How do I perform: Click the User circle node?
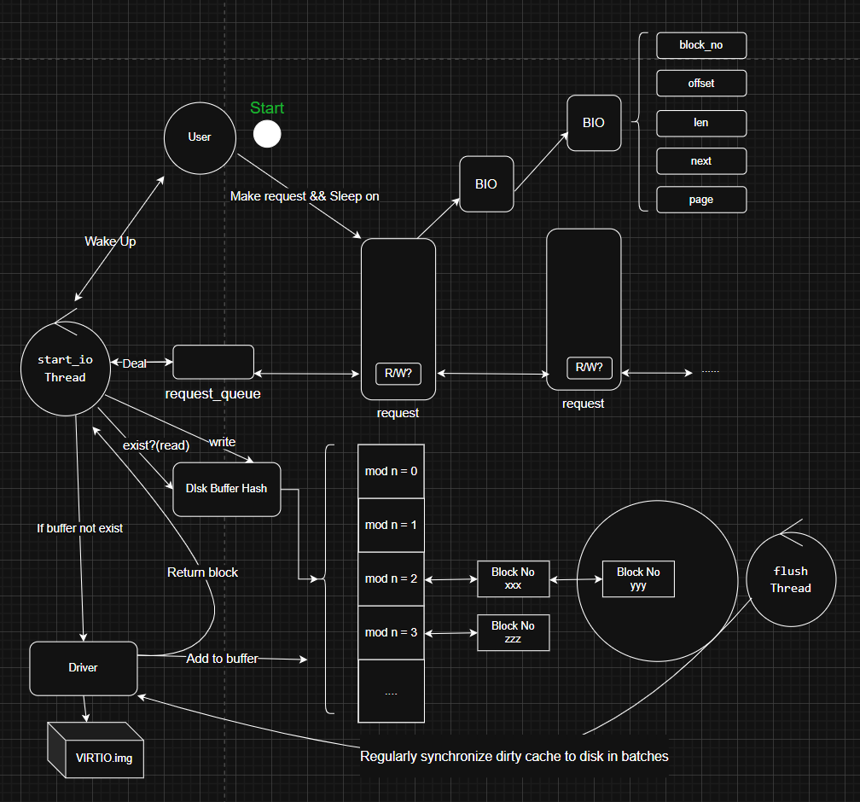pyautogui.click(x=199, y=137)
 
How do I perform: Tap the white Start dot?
pyautogui.click(x=267, y=134)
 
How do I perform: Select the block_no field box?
pyautogui.click(x=701, y=45)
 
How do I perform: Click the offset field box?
pyautogui.click(x=701, y=84)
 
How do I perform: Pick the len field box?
pyautogui.click(x=701, y=123)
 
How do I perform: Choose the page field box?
pyautogui.click(x=701, y=200)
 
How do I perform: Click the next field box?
pyautogui.click(x=701, y=161)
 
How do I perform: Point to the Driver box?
pyautogui.click(x=84, y=668)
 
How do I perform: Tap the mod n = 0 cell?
pyautogui.click(x=391, y=471)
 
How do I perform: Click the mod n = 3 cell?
pyautogui.click(x=391, y=632)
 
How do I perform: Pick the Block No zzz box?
pyautogui.click(x=513, y=632)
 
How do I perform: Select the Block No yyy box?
pyautogui.click(x=638, y=578)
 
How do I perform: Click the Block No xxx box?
pyautogui.click(x=513, y=578)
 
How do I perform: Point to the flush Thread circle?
pyautogui.click(x=790, y=579)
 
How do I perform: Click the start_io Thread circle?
pyautogui.click(x=65, y=369)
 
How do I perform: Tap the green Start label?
pyautogui.click(x=267, y=108)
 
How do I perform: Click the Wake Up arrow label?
pyautogui.click(x=110, y=241)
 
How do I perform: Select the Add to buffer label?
pyautogui.click(x=222, y=658)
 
